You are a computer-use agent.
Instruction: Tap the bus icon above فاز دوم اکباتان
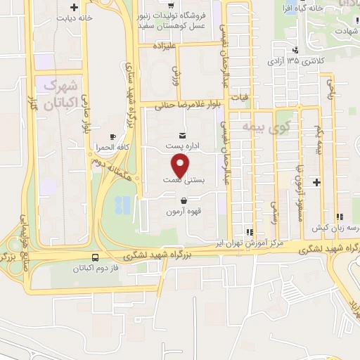(96, 257)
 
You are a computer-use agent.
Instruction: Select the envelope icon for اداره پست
(182, 135)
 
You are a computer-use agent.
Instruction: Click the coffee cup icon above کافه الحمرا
(112, 136)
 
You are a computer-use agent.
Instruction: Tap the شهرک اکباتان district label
(58, 96)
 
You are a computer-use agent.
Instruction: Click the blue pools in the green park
(122, 205)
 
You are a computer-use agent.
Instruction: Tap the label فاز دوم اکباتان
(96, 269)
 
